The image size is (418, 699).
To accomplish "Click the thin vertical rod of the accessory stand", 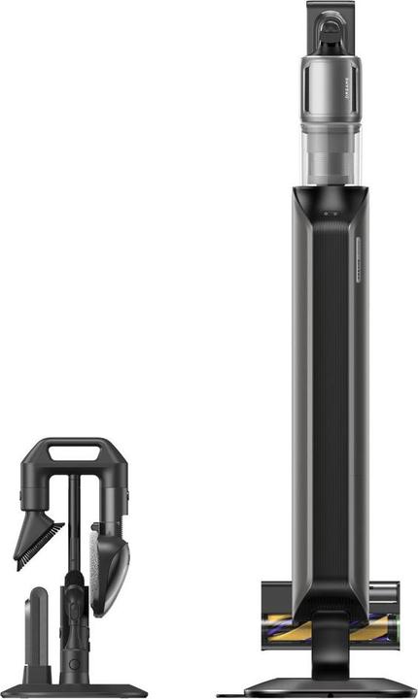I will [72, 524].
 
